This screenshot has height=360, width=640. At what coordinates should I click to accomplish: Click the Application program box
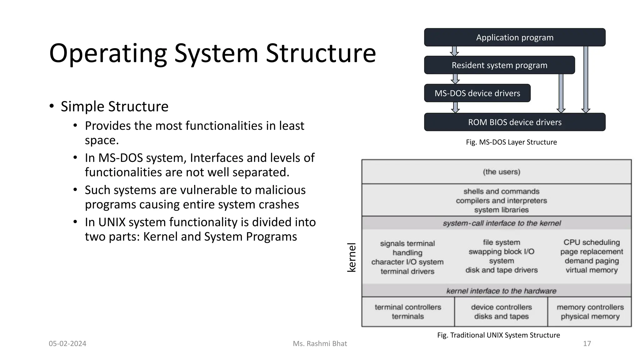(514, 37)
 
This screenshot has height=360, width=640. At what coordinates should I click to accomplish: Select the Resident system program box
(499, 65)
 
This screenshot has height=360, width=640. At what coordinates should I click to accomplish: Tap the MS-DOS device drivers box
(477, 93)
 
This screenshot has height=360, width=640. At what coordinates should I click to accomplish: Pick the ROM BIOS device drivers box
(514, 122)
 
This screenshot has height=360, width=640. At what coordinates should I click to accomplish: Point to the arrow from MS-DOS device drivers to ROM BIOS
(456, 107)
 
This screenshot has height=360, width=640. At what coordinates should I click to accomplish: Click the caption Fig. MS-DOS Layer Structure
(511, 142)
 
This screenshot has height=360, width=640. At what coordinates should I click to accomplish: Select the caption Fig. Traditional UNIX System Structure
(498, 335)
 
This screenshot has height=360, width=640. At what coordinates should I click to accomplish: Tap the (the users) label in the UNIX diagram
(501, 172)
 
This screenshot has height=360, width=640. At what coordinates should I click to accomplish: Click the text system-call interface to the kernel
(501, 223)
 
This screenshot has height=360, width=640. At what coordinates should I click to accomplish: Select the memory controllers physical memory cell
(590, 312)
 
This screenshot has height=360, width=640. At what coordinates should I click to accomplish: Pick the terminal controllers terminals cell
(408, 312)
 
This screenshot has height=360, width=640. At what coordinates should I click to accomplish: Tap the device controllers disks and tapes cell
(501, 312)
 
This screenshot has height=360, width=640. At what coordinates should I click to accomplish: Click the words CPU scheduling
(591, 242)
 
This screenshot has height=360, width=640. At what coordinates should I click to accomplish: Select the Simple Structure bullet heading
(114, 107)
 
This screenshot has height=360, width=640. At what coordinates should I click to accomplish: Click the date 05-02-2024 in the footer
(67, 344)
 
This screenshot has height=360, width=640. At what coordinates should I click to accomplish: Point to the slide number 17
(587, 344)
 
